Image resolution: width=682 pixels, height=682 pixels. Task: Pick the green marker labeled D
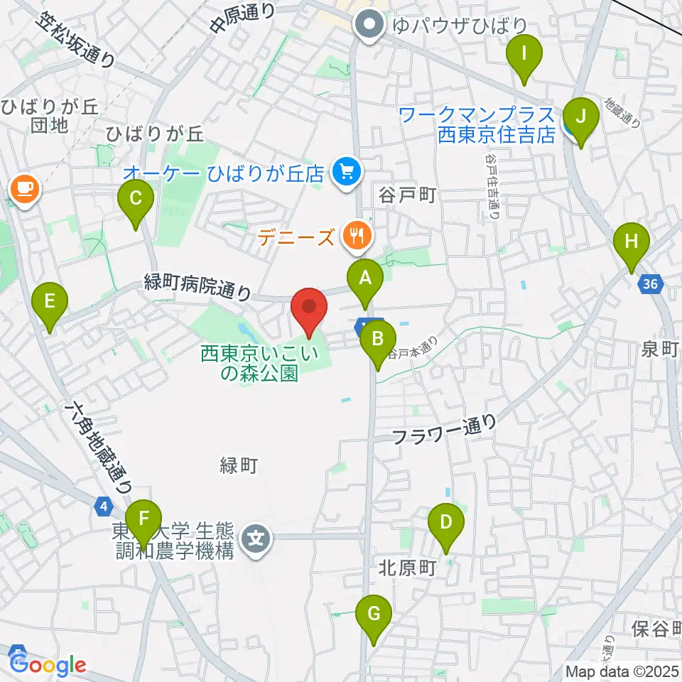[445, 522]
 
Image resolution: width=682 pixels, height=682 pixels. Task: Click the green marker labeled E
[49, 301]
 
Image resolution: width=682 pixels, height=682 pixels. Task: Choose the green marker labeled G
[374, 613]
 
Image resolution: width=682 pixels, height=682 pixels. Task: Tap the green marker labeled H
[631, 242]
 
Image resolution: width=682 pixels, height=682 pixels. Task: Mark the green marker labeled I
[524, 54]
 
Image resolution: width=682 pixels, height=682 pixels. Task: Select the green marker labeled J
[581, 116]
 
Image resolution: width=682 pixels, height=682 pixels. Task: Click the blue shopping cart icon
[347, 171]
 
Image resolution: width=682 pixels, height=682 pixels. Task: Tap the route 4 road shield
[104, 506]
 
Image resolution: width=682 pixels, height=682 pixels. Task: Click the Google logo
[48, 664]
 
